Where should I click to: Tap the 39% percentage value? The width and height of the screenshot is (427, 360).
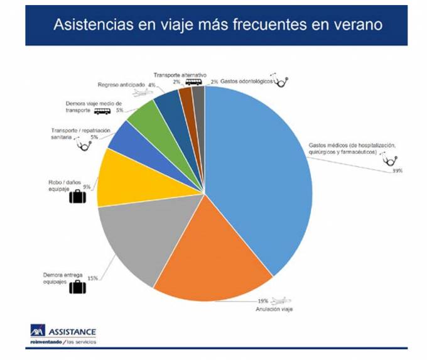click(x=397, y=171)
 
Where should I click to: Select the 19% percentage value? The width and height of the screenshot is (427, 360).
click(x=262, y=300)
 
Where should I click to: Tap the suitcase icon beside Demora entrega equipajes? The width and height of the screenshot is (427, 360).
click(x=77, y=288)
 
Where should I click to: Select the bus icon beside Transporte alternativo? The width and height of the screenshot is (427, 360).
click(x=193, y=82)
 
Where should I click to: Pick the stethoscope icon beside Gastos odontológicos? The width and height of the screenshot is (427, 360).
click(x=283, y=81)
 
